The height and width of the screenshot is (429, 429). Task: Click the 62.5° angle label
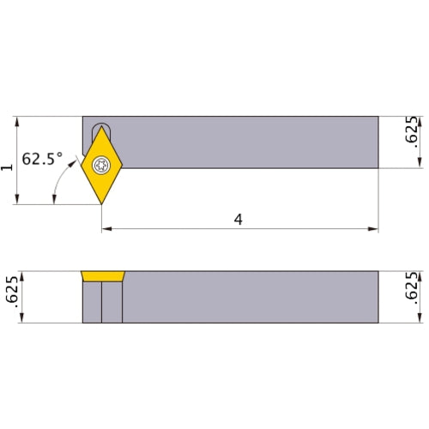[x=42, y=159]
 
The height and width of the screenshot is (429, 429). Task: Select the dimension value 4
[x=239, y=220]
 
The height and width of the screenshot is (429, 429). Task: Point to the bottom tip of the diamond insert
[x=102, y=203]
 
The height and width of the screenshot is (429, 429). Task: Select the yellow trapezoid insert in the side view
[x=103, y=276]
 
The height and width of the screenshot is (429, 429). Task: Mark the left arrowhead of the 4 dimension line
[x=106, y=229]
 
